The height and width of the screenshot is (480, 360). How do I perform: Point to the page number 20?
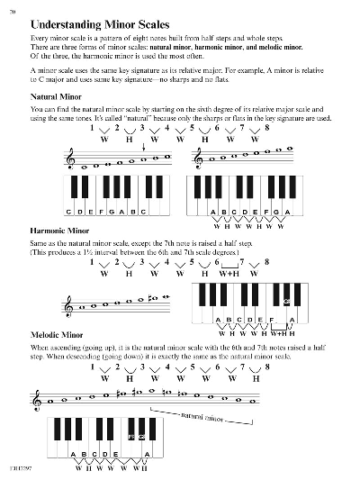pos(13,9)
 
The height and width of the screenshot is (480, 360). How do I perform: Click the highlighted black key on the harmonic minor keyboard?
pos(285,303)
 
